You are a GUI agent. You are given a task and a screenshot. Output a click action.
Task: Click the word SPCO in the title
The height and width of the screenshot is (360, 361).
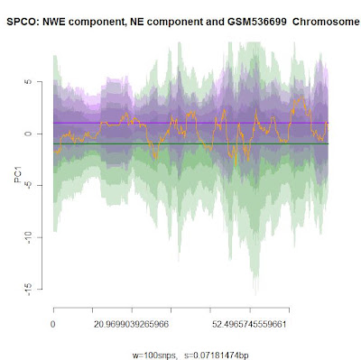coord(23,22)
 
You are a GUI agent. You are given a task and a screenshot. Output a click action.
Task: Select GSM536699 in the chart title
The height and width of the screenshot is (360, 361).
coord(255,22)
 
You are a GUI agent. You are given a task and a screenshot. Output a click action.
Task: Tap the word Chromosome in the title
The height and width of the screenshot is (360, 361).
coord(326,22)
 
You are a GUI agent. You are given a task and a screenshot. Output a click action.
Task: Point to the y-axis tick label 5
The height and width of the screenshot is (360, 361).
coord(28,82)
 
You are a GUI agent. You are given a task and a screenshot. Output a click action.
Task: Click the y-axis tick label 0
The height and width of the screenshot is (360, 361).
coord(28,134)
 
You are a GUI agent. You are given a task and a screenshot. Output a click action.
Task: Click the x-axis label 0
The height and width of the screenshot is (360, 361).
coord(53,325)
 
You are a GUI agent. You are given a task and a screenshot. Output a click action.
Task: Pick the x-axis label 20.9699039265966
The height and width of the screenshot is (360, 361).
coord(131,325)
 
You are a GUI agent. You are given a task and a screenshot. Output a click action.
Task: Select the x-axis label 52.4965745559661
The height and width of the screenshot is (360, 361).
coord(249,325)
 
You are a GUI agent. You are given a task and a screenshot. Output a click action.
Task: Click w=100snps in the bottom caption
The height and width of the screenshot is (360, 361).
coord(154,355)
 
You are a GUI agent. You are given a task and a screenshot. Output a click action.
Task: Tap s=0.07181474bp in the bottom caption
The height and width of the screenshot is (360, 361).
coord(217,355)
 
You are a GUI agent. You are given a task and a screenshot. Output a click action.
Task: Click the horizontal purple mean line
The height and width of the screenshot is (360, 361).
coord(190,123)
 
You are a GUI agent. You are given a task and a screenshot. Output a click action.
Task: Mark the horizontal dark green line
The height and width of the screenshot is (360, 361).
coord(190,143)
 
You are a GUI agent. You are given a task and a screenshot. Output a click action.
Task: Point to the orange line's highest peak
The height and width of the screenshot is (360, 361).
coord(302,97)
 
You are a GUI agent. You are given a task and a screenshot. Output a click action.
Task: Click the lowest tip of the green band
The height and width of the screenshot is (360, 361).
coord(256,295)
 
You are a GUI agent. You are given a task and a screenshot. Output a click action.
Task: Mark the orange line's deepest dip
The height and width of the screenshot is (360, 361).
coord(236,165)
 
